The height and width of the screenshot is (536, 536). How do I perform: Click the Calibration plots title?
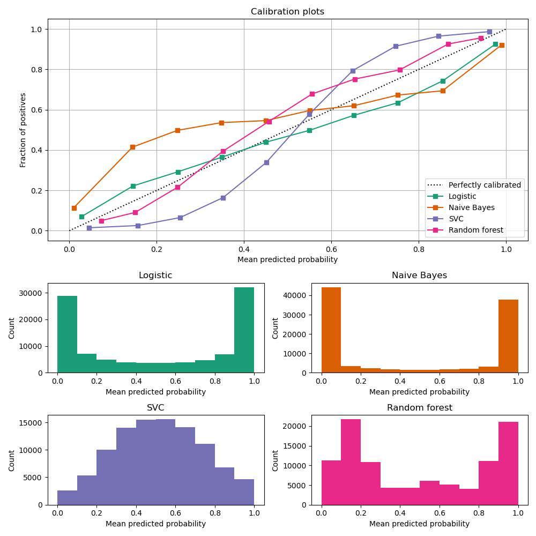[x=287, y=12]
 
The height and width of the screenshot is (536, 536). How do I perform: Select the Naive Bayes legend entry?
[x=471, y=207]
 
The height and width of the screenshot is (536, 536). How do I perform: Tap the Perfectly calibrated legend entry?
[x=485, y=185]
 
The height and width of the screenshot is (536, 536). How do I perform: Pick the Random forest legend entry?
[x=475, y=230]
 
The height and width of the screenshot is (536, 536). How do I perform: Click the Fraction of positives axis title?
[x=23, y=130]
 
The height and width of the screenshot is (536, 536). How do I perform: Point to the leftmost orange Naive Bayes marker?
[x=74, y=208]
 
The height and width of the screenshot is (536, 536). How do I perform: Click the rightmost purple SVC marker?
[x=489, y=32]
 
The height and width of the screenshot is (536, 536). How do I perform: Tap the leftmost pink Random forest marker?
[x=101, y=221]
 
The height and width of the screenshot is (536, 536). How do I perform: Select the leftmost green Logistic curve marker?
[x=81, y=217]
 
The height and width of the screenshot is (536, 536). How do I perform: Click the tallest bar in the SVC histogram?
[x=166, y=462]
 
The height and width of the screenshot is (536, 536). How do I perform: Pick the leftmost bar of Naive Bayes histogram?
[x=331, y=330]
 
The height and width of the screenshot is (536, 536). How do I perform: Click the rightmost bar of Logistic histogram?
[x=244, y=330]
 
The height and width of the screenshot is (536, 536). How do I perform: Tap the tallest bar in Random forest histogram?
[x=351, y=462]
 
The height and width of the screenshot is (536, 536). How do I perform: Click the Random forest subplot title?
[x=420, y=408]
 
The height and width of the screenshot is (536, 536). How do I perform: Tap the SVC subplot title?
[x=155, y=408]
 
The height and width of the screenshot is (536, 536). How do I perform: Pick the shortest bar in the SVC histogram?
[x=67, y=497]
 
